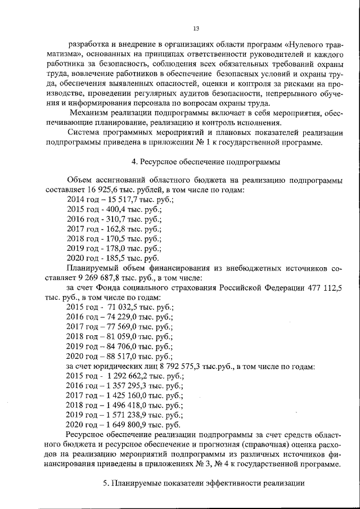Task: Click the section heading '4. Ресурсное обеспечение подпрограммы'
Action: (205, 162)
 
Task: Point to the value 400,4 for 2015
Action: (115, 209)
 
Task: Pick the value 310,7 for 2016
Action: (115, 219)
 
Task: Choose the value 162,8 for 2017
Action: (115, 229)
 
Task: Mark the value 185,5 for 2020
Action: (115, 258)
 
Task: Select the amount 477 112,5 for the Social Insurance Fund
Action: (322, 287)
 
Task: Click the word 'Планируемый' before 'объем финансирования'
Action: (92, 268)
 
